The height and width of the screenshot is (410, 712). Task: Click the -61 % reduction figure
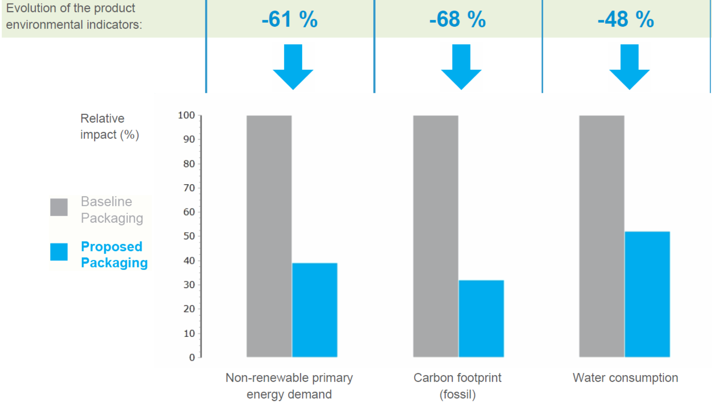click(289, 19)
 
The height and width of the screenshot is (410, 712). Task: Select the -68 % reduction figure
click(457, 19)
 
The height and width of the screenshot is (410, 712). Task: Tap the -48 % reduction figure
click(626, 19)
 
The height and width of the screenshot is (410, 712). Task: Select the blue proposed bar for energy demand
click(314, 310)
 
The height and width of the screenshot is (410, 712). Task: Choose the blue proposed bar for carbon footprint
click(481, 318)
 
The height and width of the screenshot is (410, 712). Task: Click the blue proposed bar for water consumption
click(647, 294)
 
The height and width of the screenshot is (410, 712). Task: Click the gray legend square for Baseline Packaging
click(59, 207)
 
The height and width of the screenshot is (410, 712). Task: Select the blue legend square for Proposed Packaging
click(59, 252)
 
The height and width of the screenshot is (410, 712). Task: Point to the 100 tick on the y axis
click(186, 115)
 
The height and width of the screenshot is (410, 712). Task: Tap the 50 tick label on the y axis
click(189, 236)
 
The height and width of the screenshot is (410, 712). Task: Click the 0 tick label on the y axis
click(192, 357)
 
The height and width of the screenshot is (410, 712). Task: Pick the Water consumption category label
click(625, 378)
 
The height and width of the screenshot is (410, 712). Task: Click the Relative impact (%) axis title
click(109, 127)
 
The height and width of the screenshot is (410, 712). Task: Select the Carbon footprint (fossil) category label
click(457, 386)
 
